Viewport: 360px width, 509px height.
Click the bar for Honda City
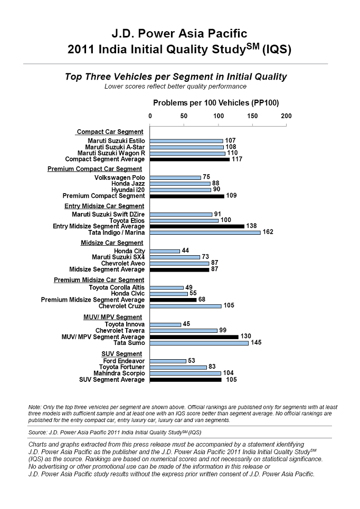coord(165,251)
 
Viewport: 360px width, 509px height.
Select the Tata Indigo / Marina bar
coord(205,233)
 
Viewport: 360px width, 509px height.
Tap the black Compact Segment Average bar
coord(190,159)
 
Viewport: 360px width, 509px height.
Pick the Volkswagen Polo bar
coord(175,178)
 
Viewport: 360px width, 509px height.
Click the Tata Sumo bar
coord(199,343)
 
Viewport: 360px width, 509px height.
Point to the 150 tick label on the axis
coord(252,116)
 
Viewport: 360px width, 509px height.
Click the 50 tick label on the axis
coord(184,116)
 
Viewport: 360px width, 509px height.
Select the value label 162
coord(268,232)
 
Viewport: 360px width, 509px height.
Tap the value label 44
coord(185,250)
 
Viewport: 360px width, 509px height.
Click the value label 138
coord(251,226)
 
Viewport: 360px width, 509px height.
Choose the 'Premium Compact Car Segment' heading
coord(94,169)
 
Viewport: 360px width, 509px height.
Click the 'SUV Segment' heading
coord(121,354)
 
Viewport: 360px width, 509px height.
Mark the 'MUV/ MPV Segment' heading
coord(113,317)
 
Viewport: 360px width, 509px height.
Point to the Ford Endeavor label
coord(124,361)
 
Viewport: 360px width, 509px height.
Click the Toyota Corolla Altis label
coord(117,287)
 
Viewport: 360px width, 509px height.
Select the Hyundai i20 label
coord(128,190)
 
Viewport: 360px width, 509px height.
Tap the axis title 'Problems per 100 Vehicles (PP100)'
coord(216,103)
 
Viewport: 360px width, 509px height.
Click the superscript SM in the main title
coord(253,46)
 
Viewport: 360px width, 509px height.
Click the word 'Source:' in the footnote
coord(37,433)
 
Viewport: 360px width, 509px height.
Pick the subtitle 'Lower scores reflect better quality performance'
coord(175,87)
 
